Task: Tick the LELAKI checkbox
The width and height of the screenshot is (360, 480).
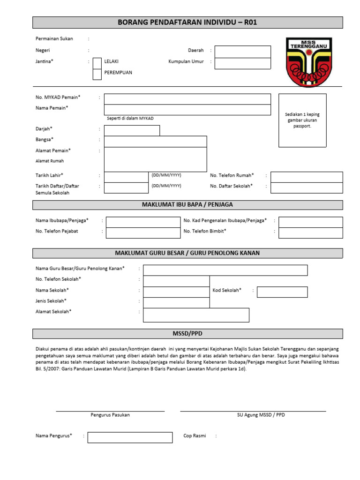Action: (97, 63)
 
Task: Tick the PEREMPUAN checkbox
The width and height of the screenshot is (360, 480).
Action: (97, 74)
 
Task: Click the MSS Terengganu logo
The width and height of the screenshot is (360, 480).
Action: (309, 62)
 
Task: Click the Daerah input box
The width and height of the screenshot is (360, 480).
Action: (242, 52)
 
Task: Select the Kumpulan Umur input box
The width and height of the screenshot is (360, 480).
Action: (242, 63)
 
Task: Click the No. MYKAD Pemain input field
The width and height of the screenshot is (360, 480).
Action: (187, 99)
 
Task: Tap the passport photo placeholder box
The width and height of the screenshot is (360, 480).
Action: (302, 120)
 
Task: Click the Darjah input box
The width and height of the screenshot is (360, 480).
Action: (132, 130)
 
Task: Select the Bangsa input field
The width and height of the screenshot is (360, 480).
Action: (155, 142)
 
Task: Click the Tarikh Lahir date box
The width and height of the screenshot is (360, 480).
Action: (126, 177)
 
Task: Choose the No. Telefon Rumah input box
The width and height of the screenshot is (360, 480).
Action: (307, 177)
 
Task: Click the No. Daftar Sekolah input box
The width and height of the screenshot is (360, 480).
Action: (307, 187)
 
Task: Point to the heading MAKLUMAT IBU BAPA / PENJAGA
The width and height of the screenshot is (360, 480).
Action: (187, 205)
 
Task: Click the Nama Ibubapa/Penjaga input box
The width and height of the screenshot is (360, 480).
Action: (143, 222)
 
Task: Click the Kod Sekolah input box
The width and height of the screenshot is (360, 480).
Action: (282, 292)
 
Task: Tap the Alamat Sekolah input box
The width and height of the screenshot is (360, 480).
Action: (196, 315)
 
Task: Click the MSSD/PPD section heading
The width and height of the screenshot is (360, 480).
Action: (187, 333)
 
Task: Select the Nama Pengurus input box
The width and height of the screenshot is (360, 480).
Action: (130, 437)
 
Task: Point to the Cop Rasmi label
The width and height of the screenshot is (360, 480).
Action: (195, 436)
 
